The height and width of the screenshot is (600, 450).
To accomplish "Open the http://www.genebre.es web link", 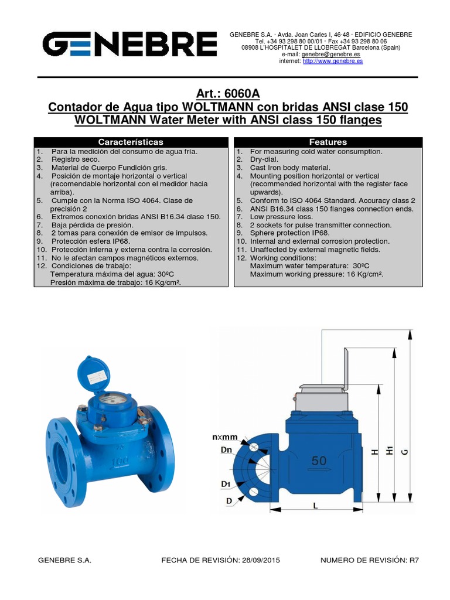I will pos(332,61).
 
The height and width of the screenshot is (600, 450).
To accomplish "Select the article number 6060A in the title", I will pos(243,93).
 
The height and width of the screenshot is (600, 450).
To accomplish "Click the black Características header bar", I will pos(131,142).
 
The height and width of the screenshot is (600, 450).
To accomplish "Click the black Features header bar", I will pos(328,142).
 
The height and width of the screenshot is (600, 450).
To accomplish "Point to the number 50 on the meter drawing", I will pos(319,461).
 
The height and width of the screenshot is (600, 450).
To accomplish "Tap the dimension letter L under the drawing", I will pos(315,506).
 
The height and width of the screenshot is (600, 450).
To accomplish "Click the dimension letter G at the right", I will pos(404,452).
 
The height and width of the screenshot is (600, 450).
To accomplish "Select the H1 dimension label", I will pos(390,452).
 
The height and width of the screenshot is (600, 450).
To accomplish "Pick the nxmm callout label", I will pos(225,437).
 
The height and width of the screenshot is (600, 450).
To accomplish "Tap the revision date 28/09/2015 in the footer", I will pos(260,560).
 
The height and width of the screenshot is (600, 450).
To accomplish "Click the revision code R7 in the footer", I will pos(414,560).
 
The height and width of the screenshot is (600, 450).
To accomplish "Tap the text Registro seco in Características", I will pos(76,159).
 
